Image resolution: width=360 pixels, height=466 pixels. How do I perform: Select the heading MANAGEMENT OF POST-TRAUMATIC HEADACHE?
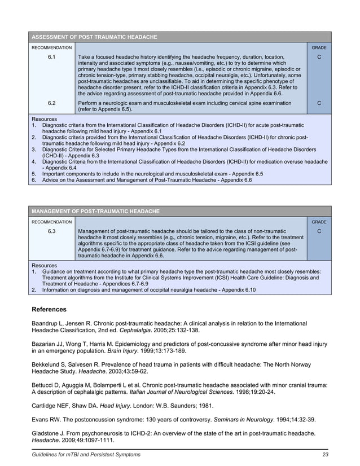pyautogui.click(x=95, y=211)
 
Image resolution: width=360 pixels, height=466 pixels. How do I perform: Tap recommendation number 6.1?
pyautogui.click(x=51, y=57)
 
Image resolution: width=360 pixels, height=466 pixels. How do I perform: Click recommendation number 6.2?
pyautogui.click(x=51, y=103)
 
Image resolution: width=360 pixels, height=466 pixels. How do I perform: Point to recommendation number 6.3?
pyautogui.click(x=51, y=231)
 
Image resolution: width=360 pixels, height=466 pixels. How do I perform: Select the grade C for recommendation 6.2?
pyautogui.click(x=320, y=103)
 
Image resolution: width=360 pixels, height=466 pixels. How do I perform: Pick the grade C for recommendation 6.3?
pyautogui.click(x=320, y=231)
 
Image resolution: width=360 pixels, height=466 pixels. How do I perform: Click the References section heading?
pyautogui.click(x=49, y=309)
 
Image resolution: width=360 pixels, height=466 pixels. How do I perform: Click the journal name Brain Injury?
pyautogui.click(x=123, y=350)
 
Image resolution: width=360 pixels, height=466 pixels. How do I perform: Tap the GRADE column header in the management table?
pyautogui.click(x=320, y=222)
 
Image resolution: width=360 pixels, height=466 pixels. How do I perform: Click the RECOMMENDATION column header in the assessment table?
pyautogui.click(x=51, y=48)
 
